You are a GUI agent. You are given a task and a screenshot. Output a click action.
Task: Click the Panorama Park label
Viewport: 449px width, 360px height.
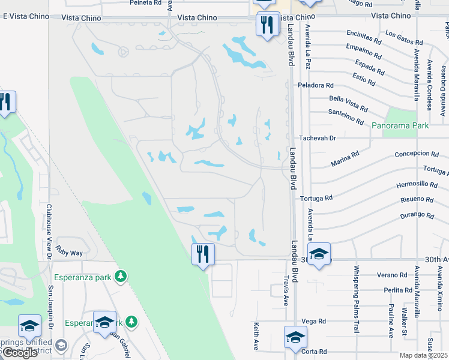pos(400,126)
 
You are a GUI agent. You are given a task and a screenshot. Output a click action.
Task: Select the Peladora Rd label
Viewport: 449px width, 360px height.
pos(315,86)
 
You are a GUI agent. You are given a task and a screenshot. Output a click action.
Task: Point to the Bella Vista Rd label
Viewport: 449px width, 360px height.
pos(348,103)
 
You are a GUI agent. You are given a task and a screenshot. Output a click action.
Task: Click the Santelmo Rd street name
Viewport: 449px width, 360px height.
pos(346,117)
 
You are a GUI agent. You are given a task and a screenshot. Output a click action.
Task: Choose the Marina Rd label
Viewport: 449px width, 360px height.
pos(344,159)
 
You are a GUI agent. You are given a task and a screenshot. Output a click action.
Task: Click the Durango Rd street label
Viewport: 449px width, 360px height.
pos(417,215)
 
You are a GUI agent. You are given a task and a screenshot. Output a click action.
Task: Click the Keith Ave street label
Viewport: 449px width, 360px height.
pos(256,336)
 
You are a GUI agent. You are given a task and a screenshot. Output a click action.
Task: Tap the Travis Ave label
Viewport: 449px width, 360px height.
pos(286,291)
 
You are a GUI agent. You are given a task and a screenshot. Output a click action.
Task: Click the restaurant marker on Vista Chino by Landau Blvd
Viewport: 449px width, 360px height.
pos(265,25)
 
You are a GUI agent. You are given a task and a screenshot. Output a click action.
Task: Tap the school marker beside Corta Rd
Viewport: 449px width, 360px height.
pos(295,338)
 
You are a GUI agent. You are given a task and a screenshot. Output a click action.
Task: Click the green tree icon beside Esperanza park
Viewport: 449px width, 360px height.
pos(121,276)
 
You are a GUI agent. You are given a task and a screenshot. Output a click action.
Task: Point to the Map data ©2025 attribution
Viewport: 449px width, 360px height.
pos(423,355)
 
